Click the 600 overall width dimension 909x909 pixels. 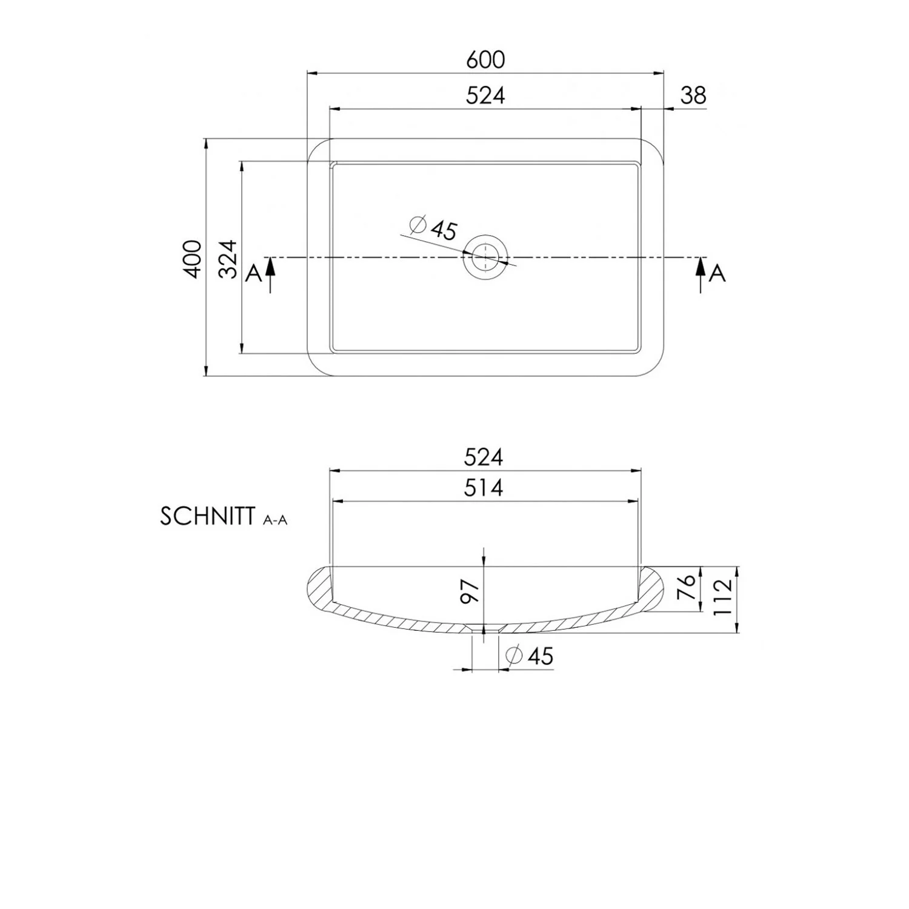pos(485,59)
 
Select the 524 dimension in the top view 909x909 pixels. pos(485,95)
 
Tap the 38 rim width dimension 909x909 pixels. pos(693,95)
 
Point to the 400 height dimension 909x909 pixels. pos(193,259)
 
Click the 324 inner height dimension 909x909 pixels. pos(228,259)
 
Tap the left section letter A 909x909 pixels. pos(253,274)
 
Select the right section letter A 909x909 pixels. pos(718,274)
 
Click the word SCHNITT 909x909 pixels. pos(206,516)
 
